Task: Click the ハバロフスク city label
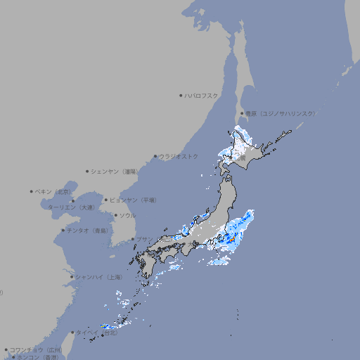[202, 95]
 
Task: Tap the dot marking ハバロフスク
[181, 95]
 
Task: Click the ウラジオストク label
[179, 156]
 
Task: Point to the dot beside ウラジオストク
[155, 157]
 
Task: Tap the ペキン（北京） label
[53, 191]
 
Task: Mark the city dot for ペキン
[32, 191]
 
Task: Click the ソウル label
[127, 215]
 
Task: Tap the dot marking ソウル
[115, 216]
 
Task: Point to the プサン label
[144, 240]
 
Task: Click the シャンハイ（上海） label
[98, 278]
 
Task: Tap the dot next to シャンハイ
[72, 277]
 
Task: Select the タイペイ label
[86, 333]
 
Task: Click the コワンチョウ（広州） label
[35, 349]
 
